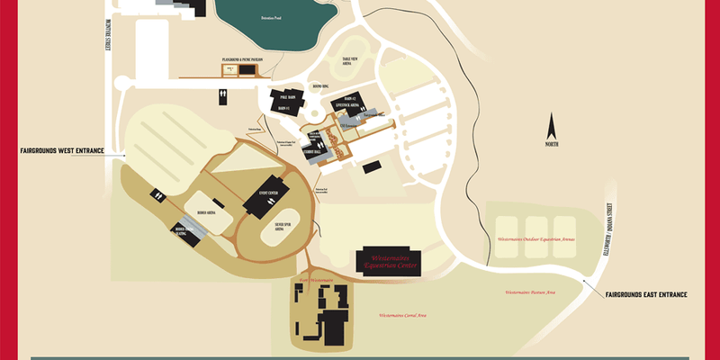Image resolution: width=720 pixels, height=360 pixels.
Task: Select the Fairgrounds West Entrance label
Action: click(x=61, y=150)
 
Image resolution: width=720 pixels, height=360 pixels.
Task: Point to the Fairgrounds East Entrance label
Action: click(x=646, y=294)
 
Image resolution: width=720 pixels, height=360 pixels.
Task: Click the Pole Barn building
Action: click(x=287, y=97)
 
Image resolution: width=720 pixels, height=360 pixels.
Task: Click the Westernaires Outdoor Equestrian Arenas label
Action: click(x=536, y=240)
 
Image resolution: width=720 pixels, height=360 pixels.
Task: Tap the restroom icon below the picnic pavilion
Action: click(x=222, y=93)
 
